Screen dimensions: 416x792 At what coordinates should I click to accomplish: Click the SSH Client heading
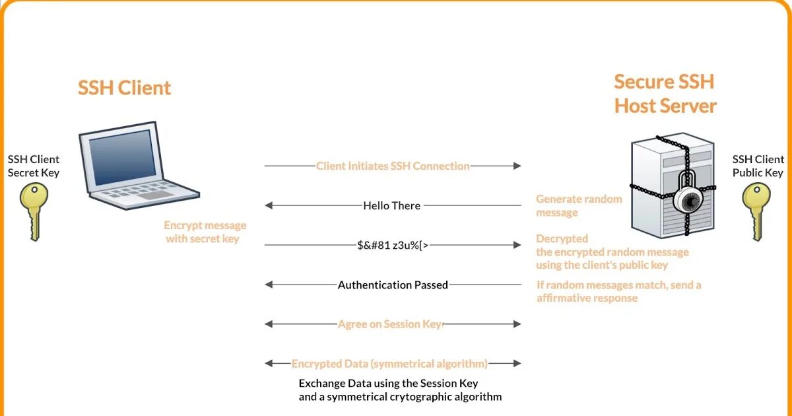coord(124,88)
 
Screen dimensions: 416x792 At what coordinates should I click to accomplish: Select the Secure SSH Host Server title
coord(665,94)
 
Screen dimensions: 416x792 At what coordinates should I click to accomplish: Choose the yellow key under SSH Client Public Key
coord(756,210)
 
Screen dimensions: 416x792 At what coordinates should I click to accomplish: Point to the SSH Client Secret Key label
coord(34,166)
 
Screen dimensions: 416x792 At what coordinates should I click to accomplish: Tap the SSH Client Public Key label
coord(758,166)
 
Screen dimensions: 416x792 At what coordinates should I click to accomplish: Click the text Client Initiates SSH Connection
coord(393,166)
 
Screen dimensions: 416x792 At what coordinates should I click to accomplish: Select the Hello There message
coord(391,205)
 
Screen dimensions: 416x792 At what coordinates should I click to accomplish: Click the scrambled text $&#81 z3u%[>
coord(393,245)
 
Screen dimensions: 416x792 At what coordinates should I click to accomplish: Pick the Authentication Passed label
coord(393,285)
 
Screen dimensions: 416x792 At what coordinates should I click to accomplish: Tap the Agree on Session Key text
coord(390,324)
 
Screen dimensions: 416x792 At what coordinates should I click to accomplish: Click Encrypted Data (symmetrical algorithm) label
coord(389,364)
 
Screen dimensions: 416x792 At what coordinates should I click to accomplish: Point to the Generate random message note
coord(579,205)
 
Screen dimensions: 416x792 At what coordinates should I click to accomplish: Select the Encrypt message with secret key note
coord(205,232)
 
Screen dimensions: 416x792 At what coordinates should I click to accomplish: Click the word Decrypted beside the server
coord(562,238)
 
